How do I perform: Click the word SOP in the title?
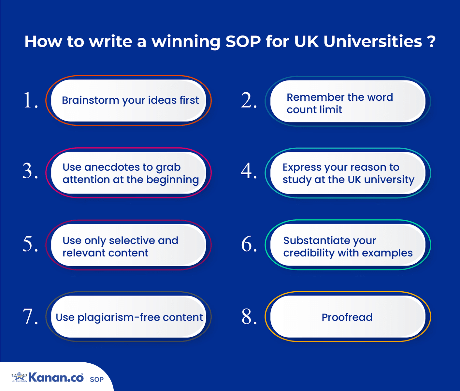tap(243, 41)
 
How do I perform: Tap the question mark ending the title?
tap(431, 41)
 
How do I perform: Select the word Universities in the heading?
tap(373, 41)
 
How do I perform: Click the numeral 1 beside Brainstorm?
tap(28, 100)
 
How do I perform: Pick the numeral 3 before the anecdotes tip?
tap(28, 171)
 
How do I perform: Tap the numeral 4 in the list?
tap(247, 171)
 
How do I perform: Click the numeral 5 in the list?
tap(28, 244)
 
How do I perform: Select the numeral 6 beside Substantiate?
tap(247, 244)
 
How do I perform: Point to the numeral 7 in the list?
tap(28, 316)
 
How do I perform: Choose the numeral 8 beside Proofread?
tap(247, 316)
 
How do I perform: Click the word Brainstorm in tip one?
tap(91, 100)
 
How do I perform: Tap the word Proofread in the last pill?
tap(347, 317)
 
